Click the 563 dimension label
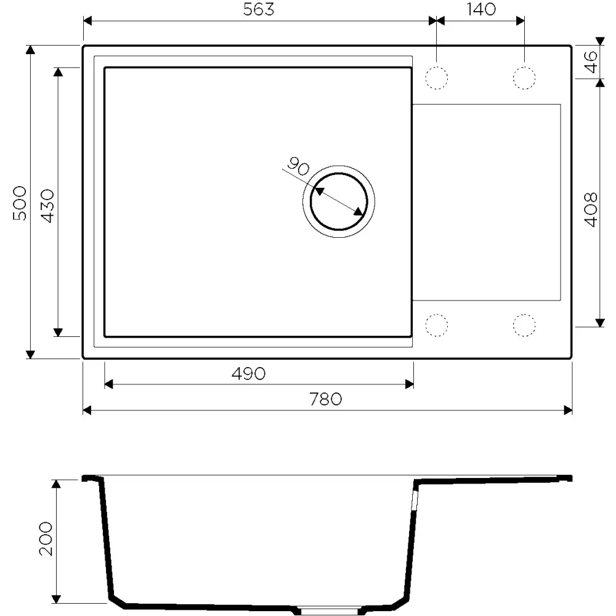(258, 9)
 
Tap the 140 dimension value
(481, 9)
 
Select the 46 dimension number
(591, 62)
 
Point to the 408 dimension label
(591, 209)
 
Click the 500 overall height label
(19, 203)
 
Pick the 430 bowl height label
(47, 206)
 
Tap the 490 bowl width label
(248, 374)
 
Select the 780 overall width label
(325, 399)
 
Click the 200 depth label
(46, 538)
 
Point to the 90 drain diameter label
(298, 166)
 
